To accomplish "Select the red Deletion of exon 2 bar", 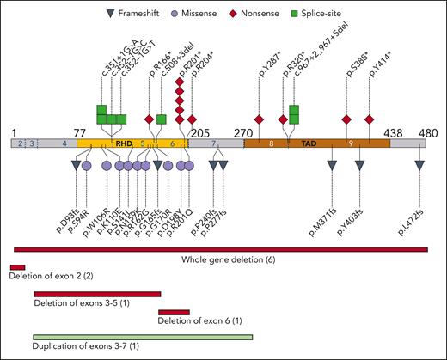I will click(17, 268).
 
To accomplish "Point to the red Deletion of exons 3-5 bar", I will click(96, 293).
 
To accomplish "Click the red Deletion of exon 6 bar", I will click(174, 312).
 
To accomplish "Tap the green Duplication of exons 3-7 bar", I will click(142, 337).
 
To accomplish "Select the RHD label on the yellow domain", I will click(123, 144).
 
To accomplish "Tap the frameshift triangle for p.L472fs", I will click(419, 176).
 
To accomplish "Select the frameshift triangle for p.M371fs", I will click(332, 176).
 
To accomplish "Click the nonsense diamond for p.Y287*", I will click(259, 119).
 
